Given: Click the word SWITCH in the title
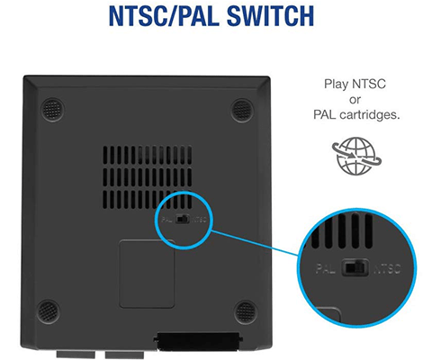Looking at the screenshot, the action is [270, 16].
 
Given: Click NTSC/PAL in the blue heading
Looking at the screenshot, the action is [164, 16].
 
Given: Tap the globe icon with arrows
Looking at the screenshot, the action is [356, 156].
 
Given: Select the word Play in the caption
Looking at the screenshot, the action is [336, 84].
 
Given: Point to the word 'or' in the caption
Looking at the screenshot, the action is [355, 100].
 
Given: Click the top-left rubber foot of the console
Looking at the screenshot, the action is [53, 110].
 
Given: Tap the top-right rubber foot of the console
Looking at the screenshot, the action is [242, 110].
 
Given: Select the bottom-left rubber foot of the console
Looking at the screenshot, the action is [48, 310].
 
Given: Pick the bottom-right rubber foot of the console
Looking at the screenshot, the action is [246, 312].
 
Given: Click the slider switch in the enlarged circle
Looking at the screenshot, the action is [355, 267].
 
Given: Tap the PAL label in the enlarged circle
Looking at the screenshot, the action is [326, 268].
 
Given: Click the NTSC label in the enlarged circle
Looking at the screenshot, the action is [387, 269].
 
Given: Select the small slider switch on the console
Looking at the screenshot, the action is [183, 219].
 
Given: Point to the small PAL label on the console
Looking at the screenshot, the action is [166, 220].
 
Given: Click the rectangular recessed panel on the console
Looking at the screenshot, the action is [147, 274].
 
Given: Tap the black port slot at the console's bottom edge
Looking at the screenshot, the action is [198, 341].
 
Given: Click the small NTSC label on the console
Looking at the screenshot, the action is [200, 220].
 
